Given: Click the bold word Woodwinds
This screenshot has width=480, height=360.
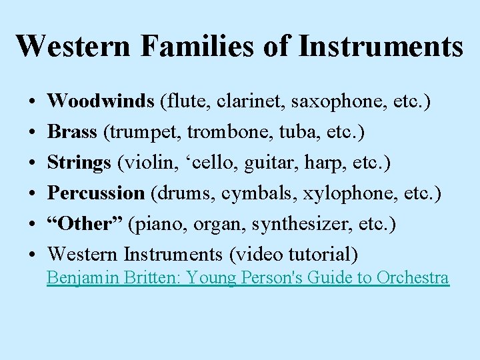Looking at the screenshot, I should tap(101, 101).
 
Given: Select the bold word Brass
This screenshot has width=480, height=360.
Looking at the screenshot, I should tap(73, 132).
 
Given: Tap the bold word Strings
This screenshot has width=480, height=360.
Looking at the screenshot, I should tap(79, 163).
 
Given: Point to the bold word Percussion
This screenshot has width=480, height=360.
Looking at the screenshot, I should tap(97, 193).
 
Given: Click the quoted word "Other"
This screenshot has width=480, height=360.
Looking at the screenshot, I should tap(85, 224).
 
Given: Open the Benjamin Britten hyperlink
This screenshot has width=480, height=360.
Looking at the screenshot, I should tap(247, 278).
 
